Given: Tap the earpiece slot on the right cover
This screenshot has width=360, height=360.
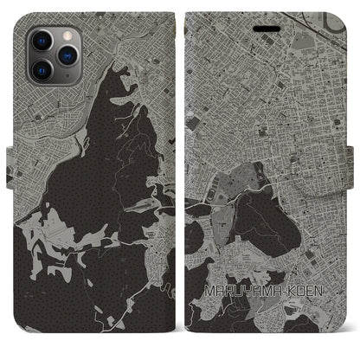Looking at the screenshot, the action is [266, 27].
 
